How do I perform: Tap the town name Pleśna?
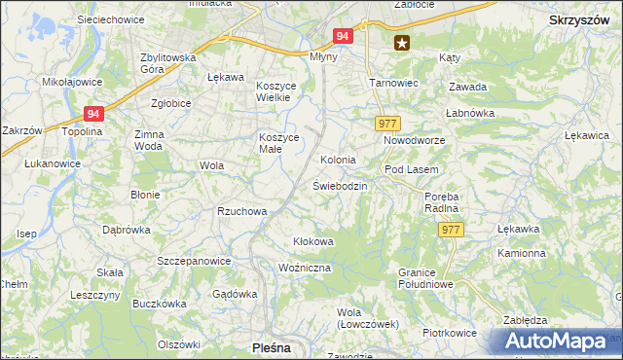[x=272, y=345]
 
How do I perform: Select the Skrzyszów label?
[x=580, y=19]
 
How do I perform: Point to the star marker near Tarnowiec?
[x=401, y=42]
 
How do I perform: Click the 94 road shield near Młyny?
[x=342, y=35]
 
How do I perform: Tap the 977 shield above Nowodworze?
[x=386, y=123]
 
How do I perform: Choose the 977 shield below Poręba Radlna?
[x=450, y=229]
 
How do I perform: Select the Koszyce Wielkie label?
[x=282, y=91]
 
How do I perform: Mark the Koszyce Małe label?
[x=275, y=143]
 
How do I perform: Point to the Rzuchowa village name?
[x=241, y=210]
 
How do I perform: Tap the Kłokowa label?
[x=313, y=240]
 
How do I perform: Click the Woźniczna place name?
[x=305, y=267]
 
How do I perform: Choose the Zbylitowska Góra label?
[x=168, y=64]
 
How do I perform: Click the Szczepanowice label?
[x=194, y=261]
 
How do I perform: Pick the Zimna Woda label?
[x=149, y=140]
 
